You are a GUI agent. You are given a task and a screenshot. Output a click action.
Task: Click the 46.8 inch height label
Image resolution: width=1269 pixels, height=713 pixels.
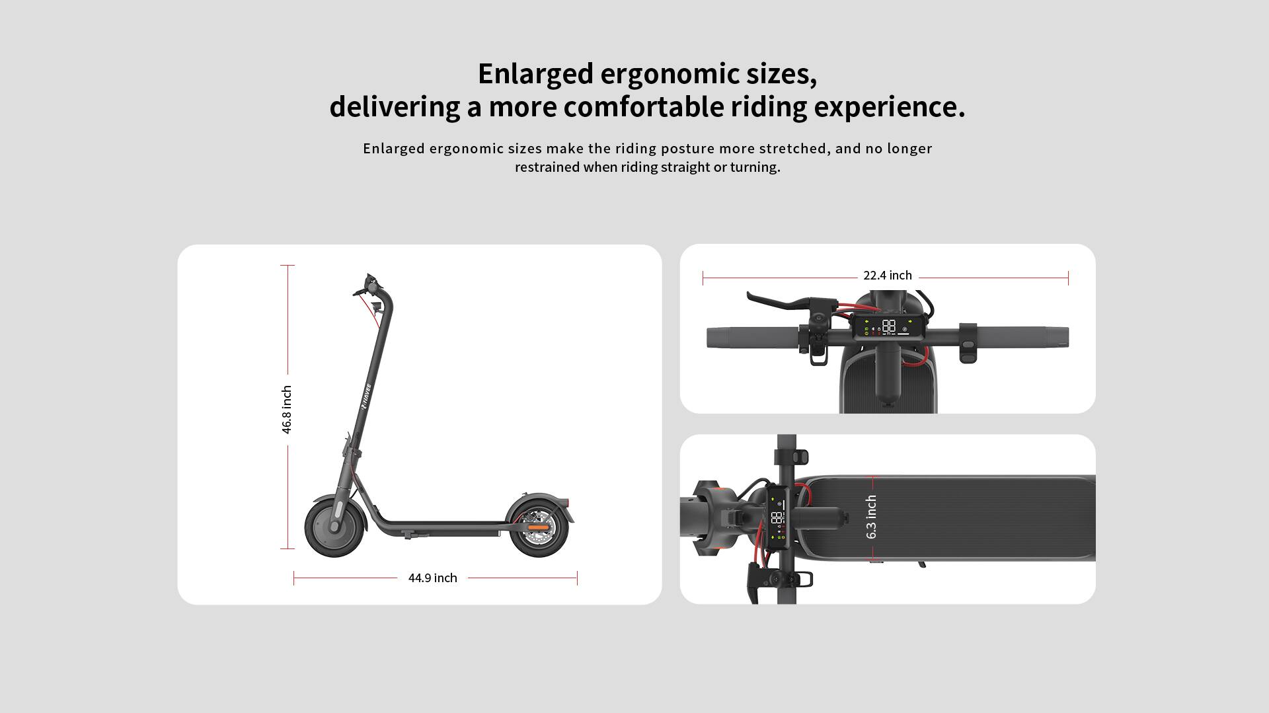click(x=287, y=410)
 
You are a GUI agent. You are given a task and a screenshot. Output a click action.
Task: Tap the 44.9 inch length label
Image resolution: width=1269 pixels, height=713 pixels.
click(x=432, y=578)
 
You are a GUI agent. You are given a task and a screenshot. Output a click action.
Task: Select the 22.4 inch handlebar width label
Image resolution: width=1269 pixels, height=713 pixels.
click(x=887, y=276)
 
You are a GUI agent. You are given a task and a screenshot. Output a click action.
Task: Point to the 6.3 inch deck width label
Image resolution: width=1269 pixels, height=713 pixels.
click(x=871, y=517)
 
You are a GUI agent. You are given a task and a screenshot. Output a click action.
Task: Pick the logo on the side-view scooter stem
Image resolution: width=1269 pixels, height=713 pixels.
click(x=365, y=396)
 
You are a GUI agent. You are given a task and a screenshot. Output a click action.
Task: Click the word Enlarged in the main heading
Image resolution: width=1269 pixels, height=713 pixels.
click(x=535, y=74)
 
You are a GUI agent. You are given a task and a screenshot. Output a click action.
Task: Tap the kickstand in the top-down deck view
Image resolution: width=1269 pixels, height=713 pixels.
click(x=921, y=564)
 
